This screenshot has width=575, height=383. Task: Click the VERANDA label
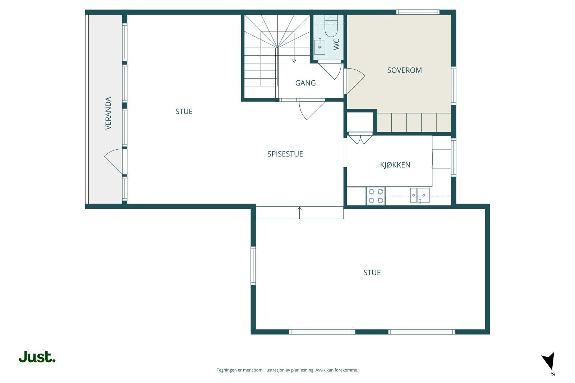pos(108,113)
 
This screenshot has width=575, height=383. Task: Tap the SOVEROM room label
pos(404,70)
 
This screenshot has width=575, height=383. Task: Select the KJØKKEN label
pos(395,165)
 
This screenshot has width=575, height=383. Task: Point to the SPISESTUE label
pos(285,154)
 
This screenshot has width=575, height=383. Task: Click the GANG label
pos(305,83)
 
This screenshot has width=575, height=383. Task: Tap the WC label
pos(336,44)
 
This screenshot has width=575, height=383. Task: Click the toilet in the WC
pos(331,26)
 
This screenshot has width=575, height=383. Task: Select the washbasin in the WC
pos(319,46)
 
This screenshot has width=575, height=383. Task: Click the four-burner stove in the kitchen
pos(376,196)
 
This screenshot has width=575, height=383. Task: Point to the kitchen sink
pos(419,195)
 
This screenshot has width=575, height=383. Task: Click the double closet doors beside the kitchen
pos(360,139)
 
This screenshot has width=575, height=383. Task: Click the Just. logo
pos(37,357)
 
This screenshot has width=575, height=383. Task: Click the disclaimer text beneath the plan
pos(287,370)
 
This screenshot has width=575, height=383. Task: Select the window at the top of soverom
pos(418,12)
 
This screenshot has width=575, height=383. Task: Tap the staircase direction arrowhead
pos(294,61)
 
